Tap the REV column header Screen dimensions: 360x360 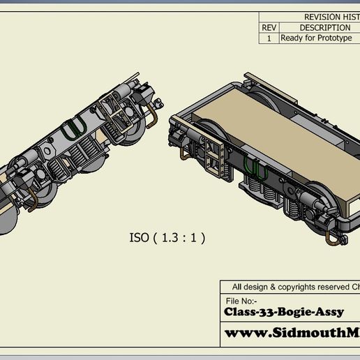pos(269,28)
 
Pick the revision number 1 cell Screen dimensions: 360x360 pos(269,38)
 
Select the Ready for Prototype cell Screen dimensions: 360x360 pos(315,38)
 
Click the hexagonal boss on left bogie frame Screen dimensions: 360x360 pos(48,150)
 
